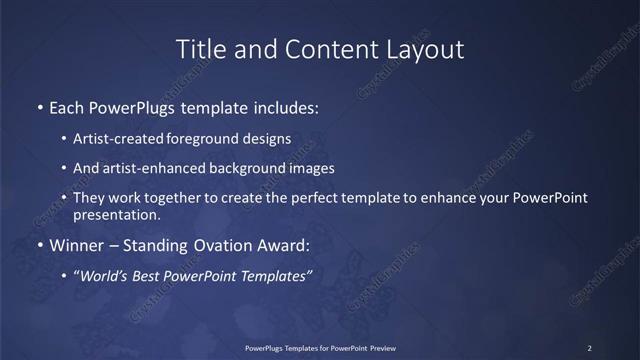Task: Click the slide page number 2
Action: [590, 347]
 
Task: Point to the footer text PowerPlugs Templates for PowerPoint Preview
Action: [321, 347]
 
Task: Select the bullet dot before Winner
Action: [40, 245]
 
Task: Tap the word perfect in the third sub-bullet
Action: [307, 199]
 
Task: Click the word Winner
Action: [79, 245]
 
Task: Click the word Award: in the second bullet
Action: [282, 245]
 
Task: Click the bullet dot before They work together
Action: [64, 199]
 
